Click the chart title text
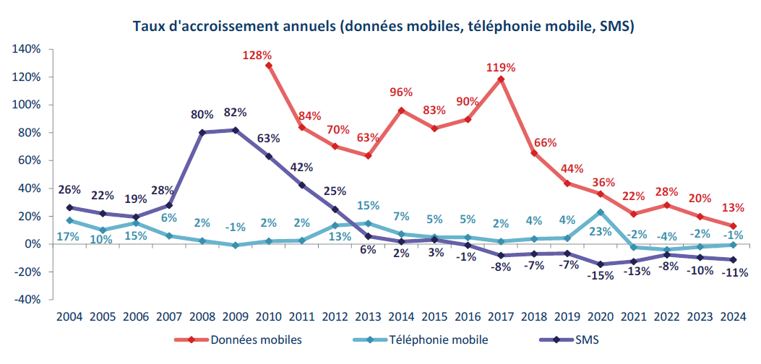tap(384, 27)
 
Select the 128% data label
tap(257, 55)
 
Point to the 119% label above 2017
tap(501, 68)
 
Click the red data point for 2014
tap(402, 110)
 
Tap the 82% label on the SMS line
tap(235, 113)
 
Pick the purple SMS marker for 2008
tap(202, 132)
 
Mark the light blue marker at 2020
tap(601, 212)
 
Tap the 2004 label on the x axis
tap(69, 316)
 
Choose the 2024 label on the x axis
tap(734, 316)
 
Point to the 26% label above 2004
tap(69, 190)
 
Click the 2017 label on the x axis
tap(501, 316)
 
